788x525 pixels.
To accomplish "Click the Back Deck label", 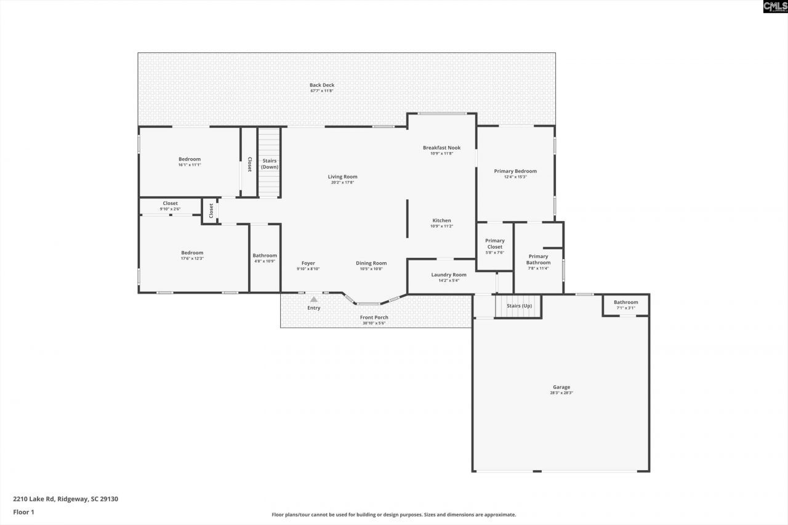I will pyautogui.click(x=322, y=86).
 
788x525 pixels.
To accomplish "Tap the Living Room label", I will pyautogui.click(x=342, y=177).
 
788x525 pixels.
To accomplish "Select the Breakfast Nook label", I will pyautogui.click(x=441, y=148).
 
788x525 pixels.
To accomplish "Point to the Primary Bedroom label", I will pyautogui.click(x=515, y=171).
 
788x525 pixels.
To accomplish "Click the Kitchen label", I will pyautogui.click(x=441, y=220).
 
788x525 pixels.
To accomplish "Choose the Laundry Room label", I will pyautogui.click(x=449, y=275).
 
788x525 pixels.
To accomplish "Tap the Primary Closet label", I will pyautogui.click(x=495, y=244).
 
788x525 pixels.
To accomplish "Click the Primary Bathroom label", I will pyautogui.click(x=538, y=260).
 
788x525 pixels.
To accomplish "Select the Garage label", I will pyautogui.click(x=561, y=387).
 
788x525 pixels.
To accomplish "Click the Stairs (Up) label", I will pyautogui.click(x=519, y=306).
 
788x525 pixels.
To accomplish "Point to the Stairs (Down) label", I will pyautogui.click(x=270, y=164).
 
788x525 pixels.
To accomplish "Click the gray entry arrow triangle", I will pyautogui.click(x=313, y=300).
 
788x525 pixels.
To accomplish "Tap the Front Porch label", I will pyautogui.click(x=374, y=318).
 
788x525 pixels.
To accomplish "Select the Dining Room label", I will pyautogui.click(x=371, y=263).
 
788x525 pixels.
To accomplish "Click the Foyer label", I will pyautogui.click(x=308, y=263).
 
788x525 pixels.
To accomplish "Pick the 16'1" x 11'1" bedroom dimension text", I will pyautogui.click(x=190, y=165).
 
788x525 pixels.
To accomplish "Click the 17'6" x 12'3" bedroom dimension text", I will pyautogui.click(x=192, y=258).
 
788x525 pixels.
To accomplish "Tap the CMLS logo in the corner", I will pyautogui.click(x=775, y=7).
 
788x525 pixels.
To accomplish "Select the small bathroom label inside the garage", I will pyautogui.click(x=625, y=302).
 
